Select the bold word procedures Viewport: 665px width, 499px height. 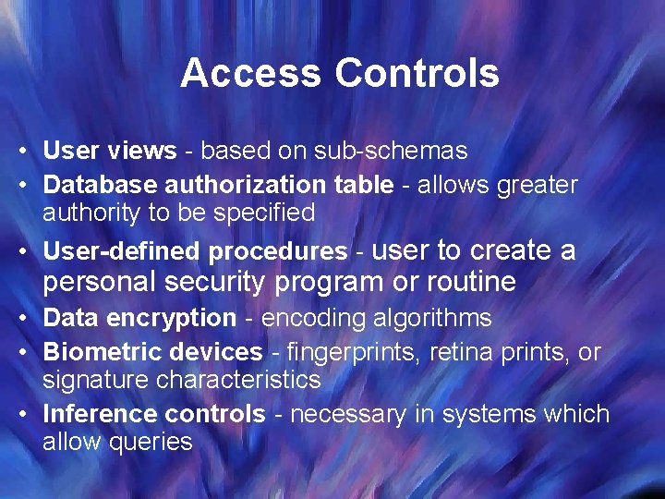tap(279, 251)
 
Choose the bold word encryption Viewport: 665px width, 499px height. tap(180, 318)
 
